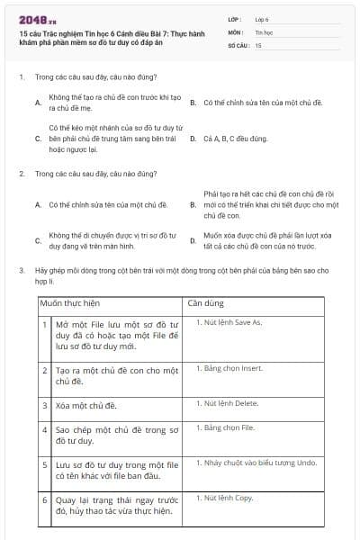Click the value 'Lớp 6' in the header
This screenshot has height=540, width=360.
pos(262,18)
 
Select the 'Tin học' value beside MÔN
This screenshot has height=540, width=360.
pos(263,31)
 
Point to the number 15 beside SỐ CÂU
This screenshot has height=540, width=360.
pos(258,44)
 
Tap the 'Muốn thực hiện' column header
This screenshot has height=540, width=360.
pos(71,302)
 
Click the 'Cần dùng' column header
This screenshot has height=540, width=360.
pos(204,302)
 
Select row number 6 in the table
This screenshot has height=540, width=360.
pos(45,499)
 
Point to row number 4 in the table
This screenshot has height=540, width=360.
pos(45,429)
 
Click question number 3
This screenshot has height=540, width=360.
pos(21,270)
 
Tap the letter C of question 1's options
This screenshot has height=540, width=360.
pos(37,139)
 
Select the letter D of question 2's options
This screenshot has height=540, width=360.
pos(193,240)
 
